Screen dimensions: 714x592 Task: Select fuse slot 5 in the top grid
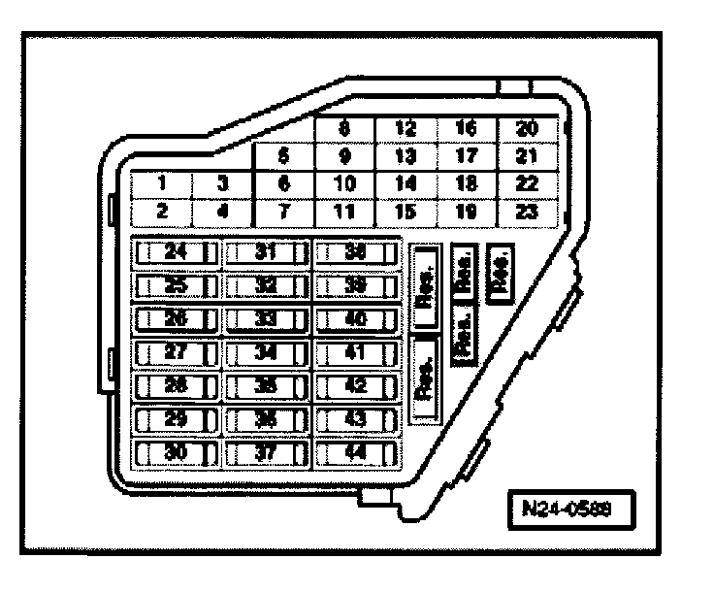click(282, 153)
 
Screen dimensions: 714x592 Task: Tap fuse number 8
click(344, 126)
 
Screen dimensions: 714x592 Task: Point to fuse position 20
click(528, 126)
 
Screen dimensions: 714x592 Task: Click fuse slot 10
click(344, 181)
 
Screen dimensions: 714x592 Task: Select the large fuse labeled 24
click(176, 252)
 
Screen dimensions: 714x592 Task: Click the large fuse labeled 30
click(176, 452)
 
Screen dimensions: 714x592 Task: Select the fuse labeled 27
click(176, 352)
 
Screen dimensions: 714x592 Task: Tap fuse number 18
click(467, 181)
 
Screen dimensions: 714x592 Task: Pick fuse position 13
click(406, 153)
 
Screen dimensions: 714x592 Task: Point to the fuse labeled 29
click(176, 419)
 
